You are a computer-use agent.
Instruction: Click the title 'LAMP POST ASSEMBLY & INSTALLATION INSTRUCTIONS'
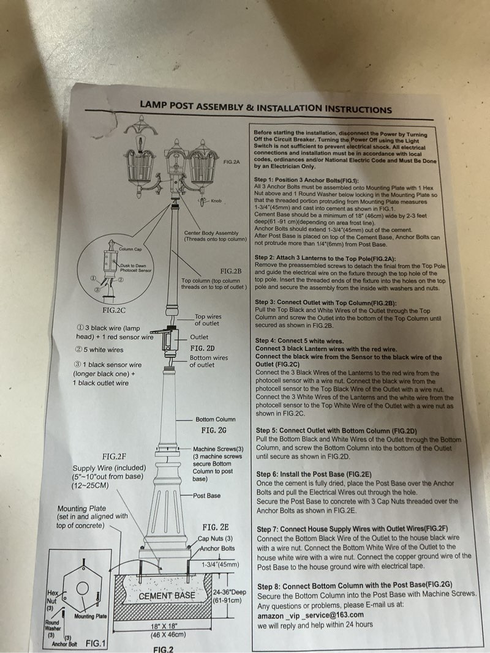265,106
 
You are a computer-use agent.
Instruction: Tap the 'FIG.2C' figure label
114,310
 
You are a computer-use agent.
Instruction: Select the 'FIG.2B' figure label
231,271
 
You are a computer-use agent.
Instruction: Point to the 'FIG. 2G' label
214,430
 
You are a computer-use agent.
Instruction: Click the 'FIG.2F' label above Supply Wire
114,457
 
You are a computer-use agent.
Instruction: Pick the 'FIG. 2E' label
216,526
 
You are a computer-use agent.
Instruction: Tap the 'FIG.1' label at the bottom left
96,643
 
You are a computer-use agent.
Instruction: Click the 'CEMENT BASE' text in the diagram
167,595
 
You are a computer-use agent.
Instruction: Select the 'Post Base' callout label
207,496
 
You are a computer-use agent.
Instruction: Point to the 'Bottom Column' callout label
215,419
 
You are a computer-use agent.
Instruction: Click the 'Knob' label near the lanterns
216,201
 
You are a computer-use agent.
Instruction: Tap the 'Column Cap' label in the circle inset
130,249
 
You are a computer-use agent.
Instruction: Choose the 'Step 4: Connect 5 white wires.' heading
308,340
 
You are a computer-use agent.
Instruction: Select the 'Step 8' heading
355,586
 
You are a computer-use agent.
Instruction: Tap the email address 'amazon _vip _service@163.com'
310,615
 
